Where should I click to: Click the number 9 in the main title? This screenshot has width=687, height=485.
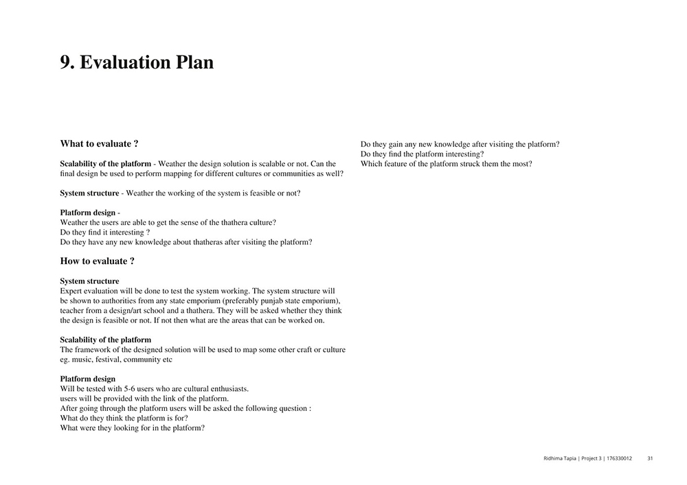coord(67,62)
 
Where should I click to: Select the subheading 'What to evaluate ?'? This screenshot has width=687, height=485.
coord(99,144)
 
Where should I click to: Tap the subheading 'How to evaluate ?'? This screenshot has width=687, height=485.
coord(97,261)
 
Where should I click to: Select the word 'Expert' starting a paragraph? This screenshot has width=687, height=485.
coord(71,291)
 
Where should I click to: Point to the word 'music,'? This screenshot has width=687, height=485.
coord(84,359)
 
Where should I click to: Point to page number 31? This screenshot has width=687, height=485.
coord(650,458)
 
